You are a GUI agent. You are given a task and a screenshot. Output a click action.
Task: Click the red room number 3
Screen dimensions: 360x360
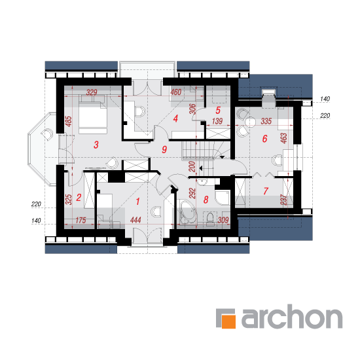tap(96, 145)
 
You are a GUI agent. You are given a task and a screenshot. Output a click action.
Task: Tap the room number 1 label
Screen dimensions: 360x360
tap(137, 202)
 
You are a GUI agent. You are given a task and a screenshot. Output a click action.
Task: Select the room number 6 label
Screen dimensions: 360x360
tap(264, 139)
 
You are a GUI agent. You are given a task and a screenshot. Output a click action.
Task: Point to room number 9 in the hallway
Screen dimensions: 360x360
tap(164, 149)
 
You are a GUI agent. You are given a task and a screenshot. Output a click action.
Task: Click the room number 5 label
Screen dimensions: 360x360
tap(218, 111)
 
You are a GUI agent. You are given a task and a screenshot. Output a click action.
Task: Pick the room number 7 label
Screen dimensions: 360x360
tap(266, 190)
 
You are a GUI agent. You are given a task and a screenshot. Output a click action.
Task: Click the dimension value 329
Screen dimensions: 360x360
tap(92, 92)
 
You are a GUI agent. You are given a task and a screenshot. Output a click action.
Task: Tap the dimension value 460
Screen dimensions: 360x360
tap(176, 92)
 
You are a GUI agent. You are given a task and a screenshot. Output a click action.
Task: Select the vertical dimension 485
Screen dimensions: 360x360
tap(69, 122)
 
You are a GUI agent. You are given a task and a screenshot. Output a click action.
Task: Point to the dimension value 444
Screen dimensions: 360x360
tap(135, 220)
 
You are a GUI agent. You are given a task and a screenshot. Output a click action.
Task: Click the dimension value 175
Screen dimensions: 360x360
tap(81, 220)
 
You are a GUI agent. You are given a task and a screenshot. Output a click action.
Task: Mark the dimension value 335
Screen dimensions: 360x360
tap(266, 121)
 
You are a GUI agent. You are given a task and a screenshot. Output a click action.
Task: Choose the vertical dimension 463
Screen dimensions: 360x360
tap(284, 138)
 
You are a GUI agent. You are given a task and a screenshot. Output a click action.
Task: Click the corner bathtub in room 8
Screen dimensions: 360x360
tap(189, 212)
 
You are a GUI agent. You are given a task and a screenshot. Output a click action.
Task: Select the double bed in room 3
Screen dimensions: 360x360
tap(93, 114)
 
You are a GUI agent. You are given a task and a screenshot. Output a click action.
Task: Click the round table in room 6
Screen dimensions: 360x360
tap(250, 122)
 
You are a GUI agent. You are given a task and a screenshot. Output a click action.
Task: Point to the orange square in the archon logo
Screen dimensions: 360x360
tap(228, 321)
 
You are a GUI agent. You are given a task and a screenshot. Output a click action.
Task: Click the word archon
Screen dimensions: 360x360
tap(292, 316)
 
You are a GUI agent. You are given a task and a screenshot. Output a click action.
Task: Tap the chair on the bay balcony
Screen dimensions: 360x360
tap(47, 134)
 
